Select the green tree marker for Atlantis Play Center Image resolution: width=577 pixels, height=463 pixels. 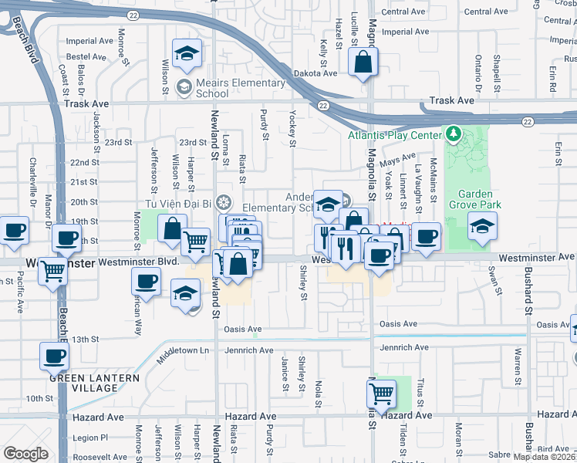[x=453, y=134]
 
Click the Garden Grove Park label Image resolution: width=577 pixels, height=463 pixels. [x=480, y=199]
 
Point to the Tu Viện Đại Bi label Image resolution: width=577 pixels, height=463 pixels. [x=174, y=203]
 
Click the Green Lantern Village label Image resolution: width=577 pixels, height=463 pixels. [x=94, y=383]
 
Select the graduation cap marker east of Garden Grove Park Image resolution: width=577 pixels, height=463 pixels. [x=482, y=226]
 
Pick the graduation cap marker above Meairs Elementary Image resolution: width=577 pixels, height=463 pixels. [x=186, y=53]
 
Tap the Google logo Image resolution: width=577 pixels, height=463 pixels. [x=25, y=454]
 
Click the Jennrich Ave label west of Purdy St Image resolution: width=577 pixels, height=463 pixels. [x=249, y=350]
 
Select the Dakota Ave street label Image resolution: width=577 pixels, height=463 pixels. [x=315, y=73]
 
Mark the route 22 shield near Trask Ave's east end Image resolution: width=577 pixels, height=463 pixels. [x=527, y=121]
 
